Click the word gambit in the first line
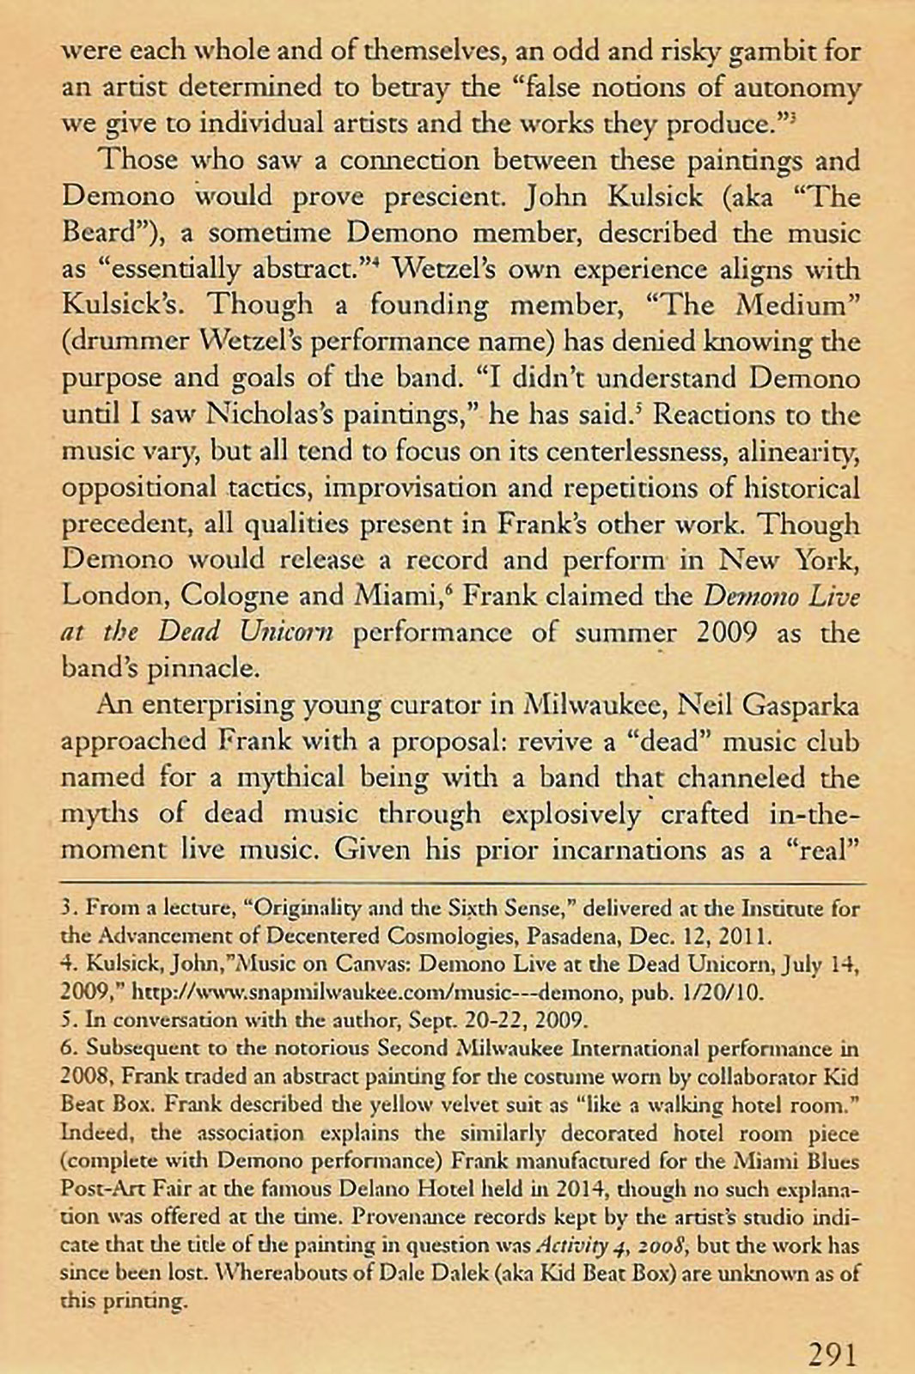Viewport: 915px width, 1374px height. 775,52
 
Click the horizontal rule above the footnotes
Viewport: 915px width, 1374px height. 462,883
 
